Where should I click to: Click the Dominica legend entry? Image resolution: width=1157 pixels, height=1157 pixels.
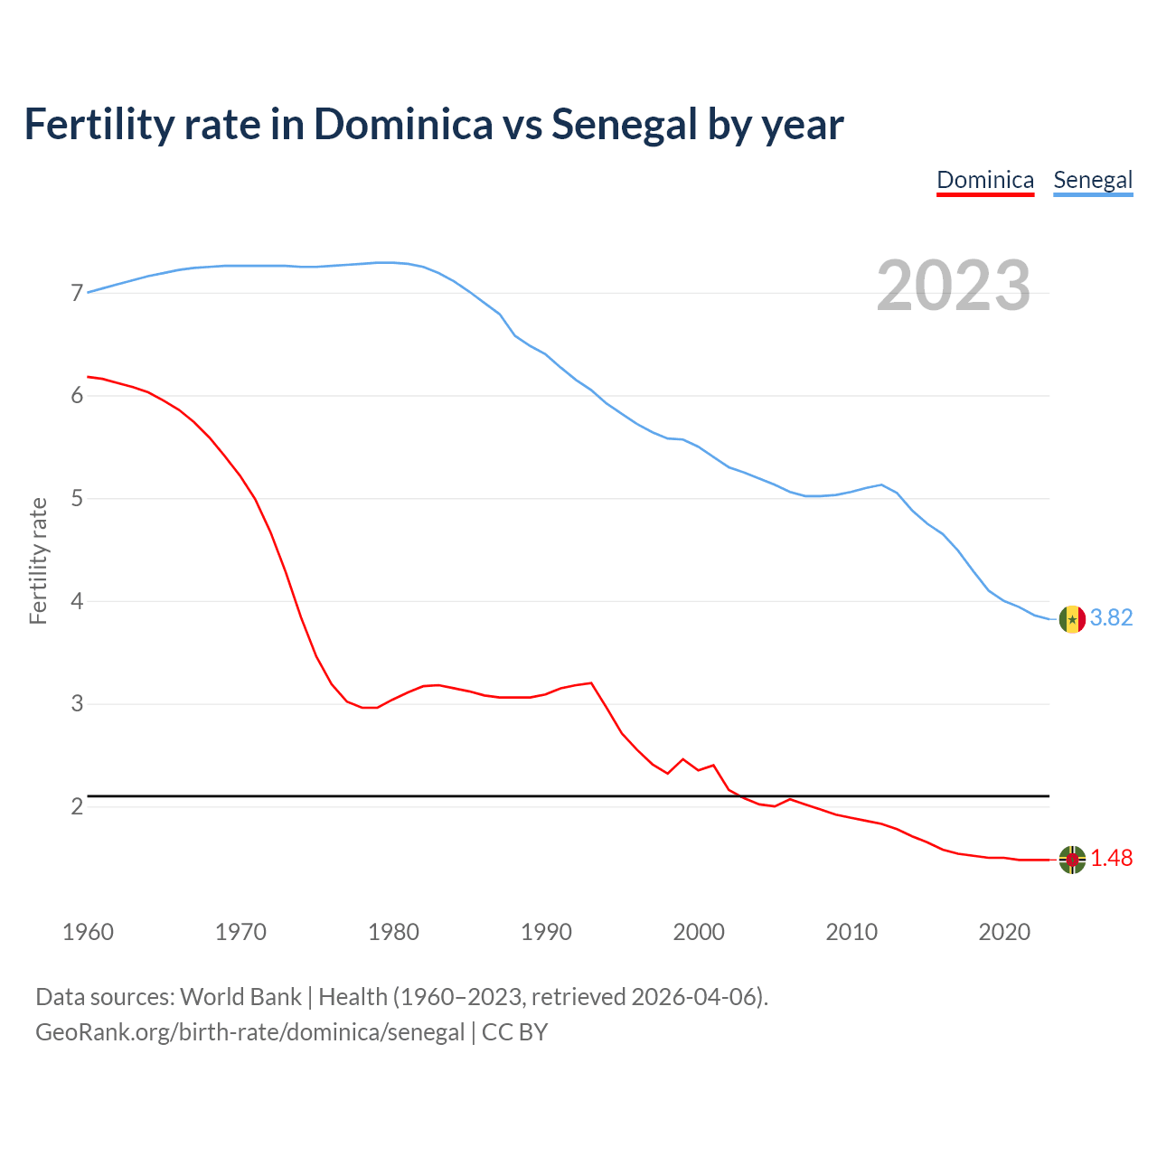(x=984, y=180)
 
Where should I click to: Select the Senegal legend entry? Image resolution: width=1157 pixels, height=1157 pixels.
(x=1093, y=180)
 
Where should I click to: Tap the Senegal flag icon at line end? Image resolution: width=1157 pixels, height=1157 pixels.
(x=1072, y=619)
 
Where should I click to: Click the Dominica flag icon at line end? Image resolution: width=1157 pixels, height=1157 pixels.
(x=1072, y=860)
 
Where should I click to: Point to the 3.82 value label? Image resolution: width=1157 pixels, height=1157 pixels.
(x=1111, y=617)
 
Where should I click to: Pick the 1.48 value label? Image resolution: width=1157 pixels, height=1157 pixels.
(x=1111, y=859)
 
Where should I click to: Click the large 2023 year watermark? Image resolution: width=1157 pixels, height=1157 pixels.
(x=954, y=286)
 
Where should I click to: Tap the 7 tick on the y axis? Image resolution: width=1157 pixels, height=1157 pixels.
(x=77, y=294)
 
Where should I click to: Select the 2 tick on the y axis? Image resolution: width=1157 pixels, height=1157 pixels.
(x=77, y=806)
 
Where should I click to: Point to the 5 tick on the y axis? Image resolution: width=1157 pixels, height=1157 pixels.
(x=77, y=499)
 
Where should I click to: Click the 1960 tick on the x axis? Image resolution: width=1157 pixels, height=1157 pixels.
(x=88, y=932)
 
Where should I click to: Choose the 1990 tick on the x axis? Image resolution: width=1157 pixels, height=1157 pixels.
(x=546, y=932)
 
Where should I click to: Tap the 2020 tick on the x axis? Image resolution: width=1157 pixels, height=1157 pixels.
(x=1004, y=932)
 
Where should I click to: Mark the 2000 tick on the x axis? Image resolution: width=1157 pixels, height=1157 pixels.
(x=699, y=932)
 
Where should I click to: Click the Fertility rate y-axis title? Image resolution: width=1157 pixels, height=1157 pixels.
(x=38, y=560)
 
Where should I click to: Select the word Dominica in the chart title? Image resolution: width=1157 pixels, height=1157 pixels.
(x=403, y=125)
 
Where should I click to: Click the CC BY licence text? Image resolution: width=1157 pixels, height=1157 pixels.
(x=514, y=1032)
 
